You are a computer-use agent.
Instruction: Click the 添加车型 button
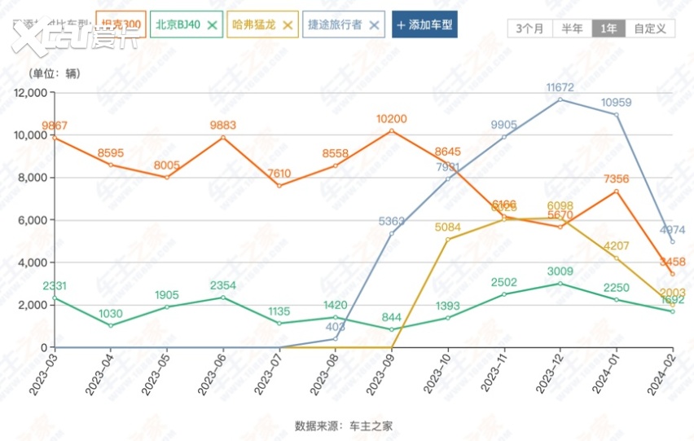[x=424, y=24]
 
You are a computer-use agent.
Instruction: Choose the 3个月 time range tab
[x=530, y=28]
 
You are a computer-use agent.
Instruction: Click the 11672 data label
[x=560, y=86]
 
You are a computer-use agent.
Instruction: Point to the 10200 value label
[x=392, y=119]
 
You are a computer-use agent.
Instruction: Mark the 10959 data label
[x=617, y=103]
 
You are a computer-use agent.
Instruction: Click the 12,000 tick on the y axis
[x=31, y=93]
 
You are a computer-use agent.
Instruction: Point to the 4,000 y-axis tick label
[x=33, y=262]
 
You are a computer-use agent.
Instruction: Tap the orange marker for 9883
[x=223, y=137]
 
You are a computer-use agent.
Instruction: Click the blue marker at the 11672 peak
[x=560, y=99]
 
